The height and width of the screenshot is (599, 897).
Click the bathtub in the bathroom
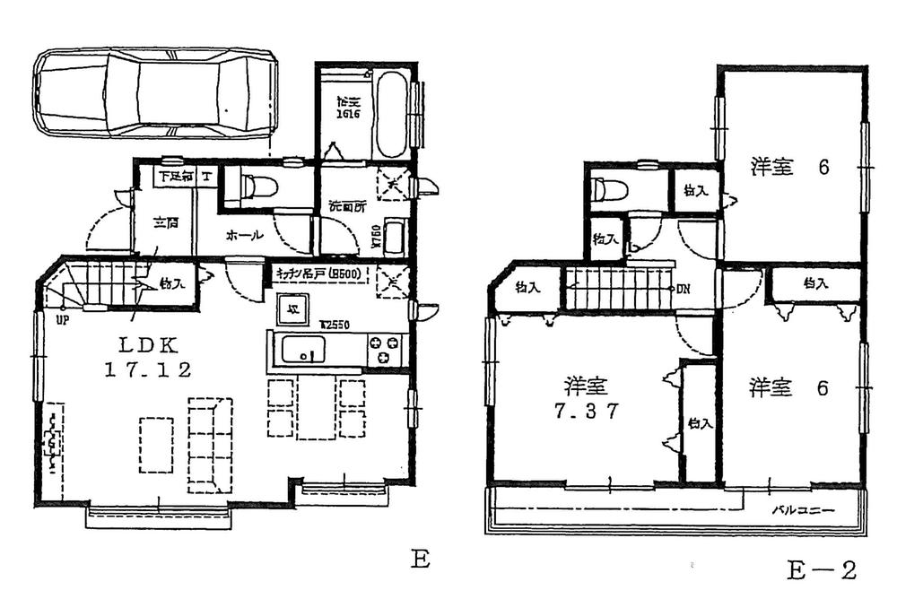391,114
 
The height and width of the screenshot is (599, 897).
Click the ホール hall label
243,236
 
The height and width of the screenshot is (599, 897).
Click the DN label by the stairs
683,289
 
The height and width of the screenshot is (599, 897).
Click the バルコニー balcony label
804,510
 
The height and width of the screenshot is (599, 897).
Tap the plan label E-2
823,569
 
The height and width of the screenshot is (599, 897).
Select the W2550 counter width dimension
335,325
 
